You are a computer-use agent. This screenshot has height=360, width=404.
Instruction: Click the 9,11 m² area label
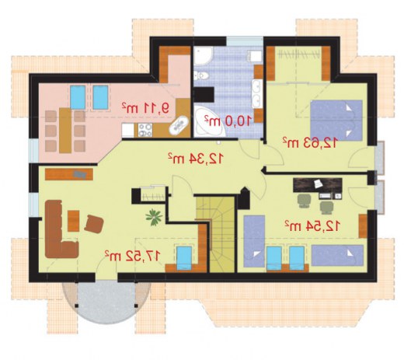click(x=146, y=108)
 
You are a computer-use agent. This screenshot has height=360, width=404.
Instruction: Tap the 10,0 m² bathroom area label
click(x=228, y=121)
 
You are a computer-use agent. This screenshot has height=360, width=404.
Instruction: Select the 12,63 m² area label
click(x=310, y=143)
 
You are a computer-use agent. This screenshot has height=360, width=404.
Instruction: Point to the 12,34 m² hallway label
click(x=195, y=159)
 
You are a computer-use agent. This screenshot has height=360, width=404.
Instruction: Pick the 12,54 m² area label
click(x=312, y=226)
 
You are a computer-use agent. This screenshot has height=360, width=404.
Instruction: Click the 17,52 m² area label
click(x=132, y=256)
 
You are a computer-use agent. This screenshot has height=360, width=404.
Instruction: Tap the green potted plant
click(x=154, y=217)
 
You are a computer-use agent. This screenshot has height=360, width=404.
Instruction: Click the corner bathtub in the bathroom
click(x=209, y=122)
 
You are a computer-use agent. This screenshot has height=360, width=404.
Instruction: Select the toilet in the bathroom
click(x=201, y=75)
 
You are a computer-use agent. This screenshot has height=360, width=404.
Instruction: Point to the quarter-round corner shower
click(x=203, y=55)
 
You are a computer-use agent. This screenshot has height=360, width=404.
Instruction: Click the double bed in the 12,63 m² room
click(x=336, y=121)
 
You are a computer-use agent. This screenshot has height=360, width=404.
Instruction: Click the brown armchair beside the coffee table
click(x=94, y=224)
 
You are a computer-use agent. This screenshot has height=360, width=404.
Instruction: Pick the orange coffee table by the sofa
click(x=74, y=221)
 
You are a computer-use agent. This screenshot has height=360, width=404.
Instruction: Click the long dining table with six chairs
click(x=65, y=131)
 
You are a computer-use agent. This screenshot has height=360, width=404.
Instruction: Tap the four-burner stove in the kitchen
click(x=145, y=130)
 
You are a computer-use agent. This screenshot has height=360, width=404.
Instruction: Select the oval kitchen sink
click(x=179, y=125)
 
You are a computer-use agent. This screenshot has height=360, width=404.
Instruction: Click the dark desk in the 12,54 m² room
click(x=318, y=185)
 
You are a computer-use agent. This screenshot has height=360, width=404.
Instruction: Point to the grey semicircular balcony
click(x=106, y=302)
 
